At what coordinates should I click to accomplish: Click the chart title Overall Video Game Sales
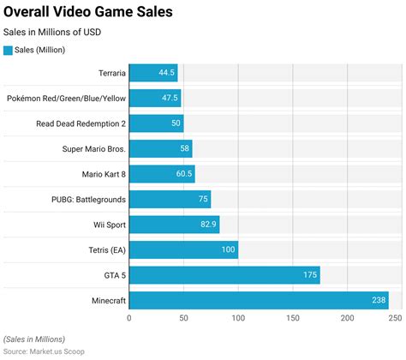pos(87,13)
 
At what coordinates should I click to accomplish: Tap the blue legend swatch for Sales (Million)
pos(9,51)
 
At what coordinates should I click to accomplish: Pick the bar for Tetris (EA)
pos(183,250)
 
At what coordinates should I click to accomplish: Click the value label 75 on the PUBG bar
pos(203,200)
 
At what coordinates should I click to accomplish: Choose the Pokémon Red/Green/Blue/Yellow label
pos(65,99)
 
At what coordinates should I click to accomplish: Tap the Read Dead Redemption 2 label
pos(81,123)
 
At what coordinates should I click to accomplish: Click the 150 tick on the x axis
pos(293,319)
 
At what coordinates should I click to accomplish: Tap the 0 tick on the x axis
pos(129,319)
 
